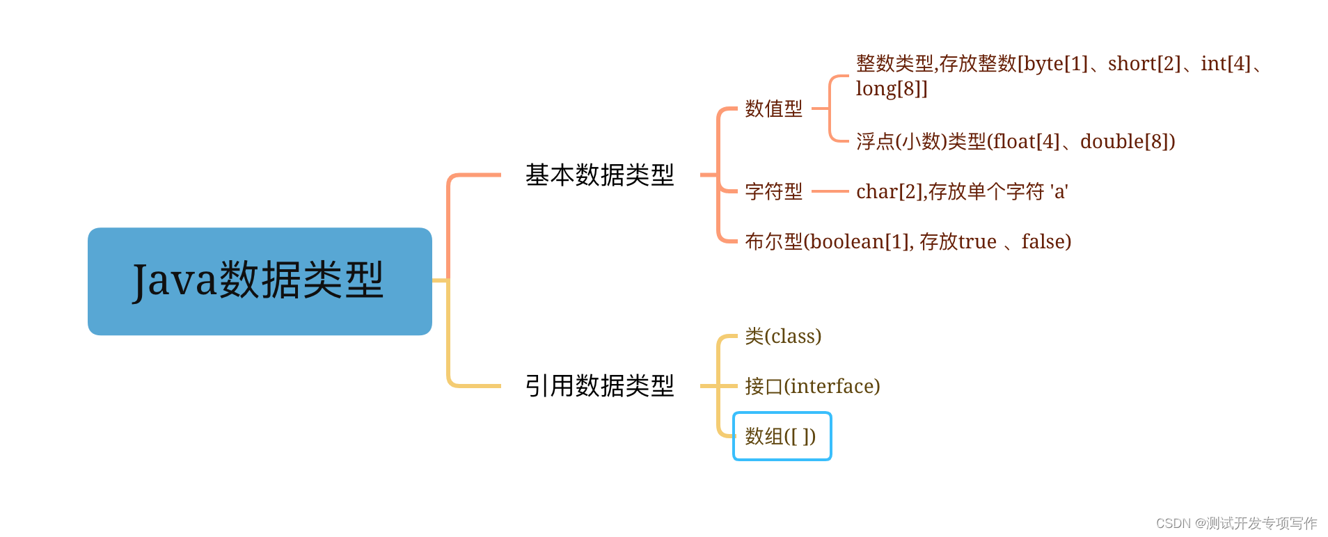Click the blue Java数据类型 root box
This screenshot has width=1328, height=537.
pos(260,281)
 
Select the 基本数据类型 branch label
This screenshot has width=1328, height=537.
pos(599,175)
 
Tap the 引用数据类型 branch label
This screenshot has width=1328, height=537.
pos(599,386)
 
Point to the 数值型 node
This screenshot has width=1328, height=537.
pos(773,109)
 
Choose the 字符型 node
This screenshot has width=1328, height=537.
pos(773,191)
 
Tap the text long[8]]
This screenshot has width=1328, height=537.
pos(892,89)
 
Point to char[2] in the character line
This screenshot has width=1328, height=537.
pos(888,191)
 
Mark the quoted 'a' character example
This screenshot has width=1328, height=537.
pos(1059,191)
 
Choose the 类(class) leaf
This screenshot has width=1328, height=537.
pos(783,337)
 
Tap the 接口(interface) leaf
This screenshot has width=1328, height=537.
pos(812,386)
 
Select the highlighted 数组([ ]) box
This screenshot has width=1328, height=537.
pos(782,436)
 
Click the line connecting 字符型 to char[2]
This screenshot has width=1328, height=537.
pos(830,191)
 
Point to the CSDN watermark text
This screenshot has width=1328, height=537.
pos(1236,523)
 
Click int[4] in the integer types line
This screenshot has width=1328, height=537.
pos(1226,64)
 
